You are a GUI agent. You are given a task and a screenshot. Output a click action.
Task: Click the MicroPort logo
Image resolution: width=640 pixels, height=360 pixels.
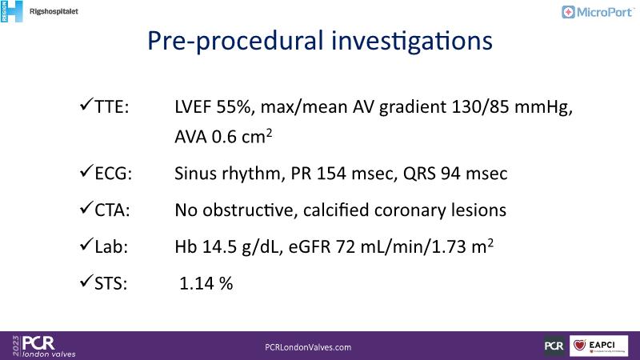[598, 12]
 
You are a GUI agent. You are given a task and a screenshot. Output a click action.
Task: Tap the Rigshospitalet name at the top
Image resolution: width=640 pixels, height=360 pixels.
[54, 11]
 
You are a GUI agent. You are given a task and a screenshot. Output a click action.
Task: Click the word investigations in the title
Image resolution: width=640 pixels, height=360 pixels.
[412, 42]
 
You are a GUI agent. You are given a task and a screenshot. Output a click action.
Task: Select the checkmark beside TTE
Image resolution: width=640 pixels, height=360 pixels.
[86, 105]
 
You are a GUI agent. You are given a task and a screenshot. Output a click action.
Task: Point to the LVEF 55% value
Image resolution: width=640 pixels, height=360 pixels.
[212, 107]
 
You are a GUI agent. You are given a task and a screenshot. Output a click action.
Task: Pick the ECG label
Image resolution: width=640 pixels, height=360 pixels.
[113, 174]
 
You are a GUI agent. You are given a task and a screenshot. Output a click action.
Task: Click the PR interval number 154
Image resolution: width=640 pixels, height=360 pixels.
[331, 174]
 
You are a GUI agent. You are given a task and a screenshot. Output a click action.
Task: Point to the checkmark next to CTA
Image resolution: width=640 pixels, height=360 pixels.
[86, 207]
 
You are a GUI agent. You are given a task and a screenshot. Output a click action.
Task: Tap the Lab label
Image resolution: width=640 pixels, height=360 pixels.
[111, 247]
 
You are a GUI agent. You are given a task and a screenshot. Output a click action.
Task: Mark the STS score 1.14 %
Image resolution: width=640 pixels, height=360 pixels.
[206, 283]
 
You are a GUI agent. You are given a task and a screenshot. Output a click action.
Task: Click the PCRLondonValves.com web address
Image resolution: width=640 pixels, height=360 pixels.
[308, 347]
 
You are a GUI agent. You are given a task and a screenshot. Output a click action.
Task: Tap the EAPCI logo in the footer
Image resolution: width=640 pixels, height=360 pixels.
[598, 346]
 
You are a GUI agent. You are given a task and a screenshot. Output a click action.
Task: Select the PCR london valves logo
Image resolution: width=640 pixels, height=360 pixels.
[44, 346]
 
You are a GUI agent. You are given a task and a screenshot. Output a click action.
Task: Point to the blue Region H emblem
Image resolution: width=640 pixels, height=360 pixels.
[11, 11]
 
